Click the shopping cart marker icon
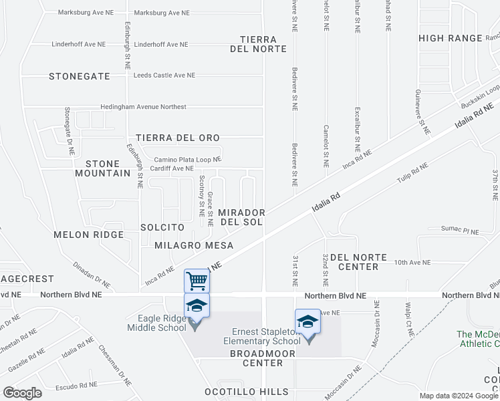[197, 281]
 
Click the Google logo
[22, 392]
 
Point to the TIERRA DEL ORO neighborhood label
[178, 138]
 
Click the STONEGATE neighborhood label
[80, 76]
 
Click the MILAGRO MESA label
[194, 246]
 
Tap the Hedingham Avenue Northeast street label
[144, 107]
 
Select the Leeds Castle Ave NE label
[164, 76]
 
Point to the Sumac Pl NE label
[461, 231]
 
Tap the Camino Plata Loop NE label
[187, 160]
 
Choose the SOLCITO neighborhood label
[162, 228]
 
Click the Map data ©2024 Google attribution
[459, 396]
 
